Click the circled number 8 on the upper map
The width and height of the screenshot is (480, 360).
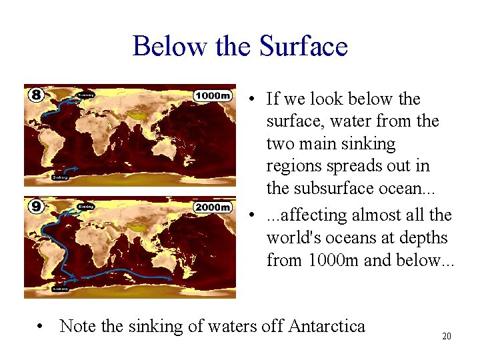pyautogui.click(x=36, y=95)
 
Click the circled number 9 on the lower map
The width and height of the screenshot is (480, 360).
pyautogui.click(x=36, y=207)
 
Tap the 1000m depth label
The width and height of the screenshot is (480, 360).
pyautogui.click(x=213, y=95)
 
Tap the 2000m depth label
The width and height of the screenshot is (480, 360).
pyautogui.click(x=213, y=207)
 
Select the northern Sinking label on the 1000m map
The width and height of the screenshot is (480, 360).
pyautogui.click(x=86, y=95)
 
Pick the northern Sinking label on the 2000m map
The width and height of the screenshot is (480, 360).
pyautogui.click(x=86, y=207)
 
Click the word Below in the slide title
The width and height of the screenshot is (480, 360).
pyautogui.click(x=171, y=46)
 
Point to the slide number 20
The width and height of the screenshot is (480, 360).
pyautogui.click(x=447, y=336)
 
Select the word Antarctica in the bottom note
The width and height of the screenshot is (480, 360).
pyautogui.click(x=327, y=326)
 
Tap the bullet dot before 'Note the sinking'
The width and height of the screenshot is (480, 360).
pyautogui.click(x=42, y=327)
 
